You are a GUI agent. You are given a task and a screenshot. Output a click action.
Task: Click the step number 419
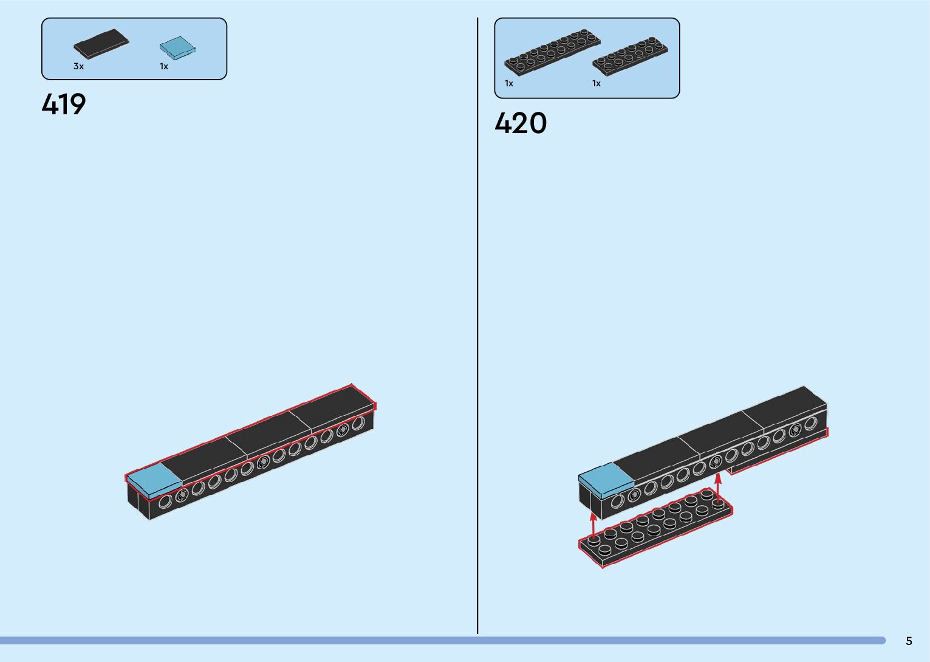pyautogui.click(x=64, y=105)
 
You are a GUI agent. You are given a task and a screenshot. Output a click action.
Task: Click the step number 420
pyautogui.click(x=521, y=123)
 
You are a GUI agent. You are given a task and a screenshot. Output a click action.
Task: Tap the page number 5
pyautogui.click(x=909, y=641)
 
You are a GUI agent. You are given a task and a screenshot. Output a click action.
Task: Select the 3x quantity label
pyautogui.click(x=78, y=66)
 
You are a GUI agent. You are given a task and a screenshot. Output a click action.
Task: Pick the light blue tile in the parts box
pyautogui.click(x=179, y=47)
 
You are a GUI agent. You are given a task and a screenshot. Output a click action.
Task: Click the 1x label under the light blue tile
pyautogui.click(x=164, y=66)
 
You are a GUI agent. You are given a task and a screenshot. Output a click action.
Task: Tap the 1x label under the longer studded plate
pyautogui.click(x=509, y=83)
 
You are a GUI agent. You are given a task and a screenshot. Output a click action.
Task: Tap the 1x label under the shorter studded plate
pyautogui.click(x=597, y=83)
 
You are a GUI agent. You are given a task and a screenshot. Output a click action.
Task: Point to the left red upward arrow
pyautogui.click(x=593, y=524)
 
